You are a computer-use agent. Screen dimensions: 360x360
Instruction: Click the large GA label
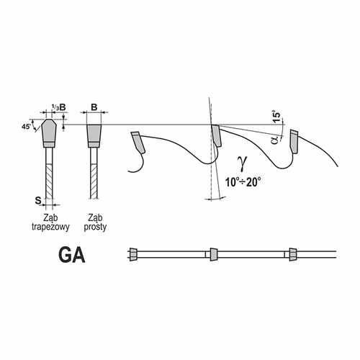point(72,256)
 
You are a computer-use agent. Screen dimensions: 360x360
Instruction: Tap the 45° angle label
point(27,127)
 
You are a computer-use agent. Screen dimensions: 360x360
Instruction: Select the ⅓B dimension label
point(59,107)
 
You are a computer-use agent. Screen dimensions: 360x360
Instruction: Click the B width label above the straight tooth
point(94,107)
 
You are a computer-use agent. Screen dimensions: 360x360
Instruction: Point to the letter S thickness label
point(38,200)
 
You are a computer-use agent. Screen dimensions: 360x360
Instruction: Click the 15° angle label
point(276,117)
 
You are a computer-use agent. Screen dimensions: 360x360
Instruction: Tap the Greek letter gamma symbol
point(242,163)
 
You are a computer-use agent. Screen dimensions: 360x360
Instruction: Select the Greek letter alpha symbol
point(275,140)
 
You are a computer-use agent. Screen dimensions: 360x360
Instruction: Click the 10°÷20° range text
point(243,182)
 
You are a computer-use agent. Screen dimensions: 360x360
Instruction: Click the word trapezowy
point(50,227)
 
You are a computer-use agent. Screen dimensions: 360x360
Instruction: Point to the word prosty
point(95,227)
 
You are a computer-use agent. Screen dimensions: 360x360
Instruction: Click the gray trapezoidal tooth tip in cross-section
point(49,133)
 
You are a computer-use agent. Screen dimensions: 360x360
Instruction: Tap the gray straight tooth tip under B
point(94,136)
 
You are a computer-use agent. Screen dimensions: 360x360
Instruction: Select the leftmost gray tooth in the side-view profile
point(138,143)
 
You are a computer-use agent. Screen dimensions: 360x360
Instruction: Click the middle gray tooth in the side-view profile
point(216,135)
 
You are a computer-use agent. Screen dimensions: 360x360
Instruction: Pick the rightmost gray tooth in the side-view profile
point(294,141)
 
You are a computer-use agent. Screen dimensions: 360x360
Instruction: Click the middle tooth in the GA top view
point(213,254)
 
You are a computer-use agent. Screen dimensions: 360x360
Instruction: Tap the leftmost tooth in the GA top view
point(133,254)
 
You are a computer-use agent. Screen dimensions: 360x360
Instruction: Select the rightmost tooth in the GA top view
point(292,254)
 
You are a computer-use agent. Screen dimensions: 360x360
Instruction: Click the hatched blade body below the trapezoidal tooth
point(49,181)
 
